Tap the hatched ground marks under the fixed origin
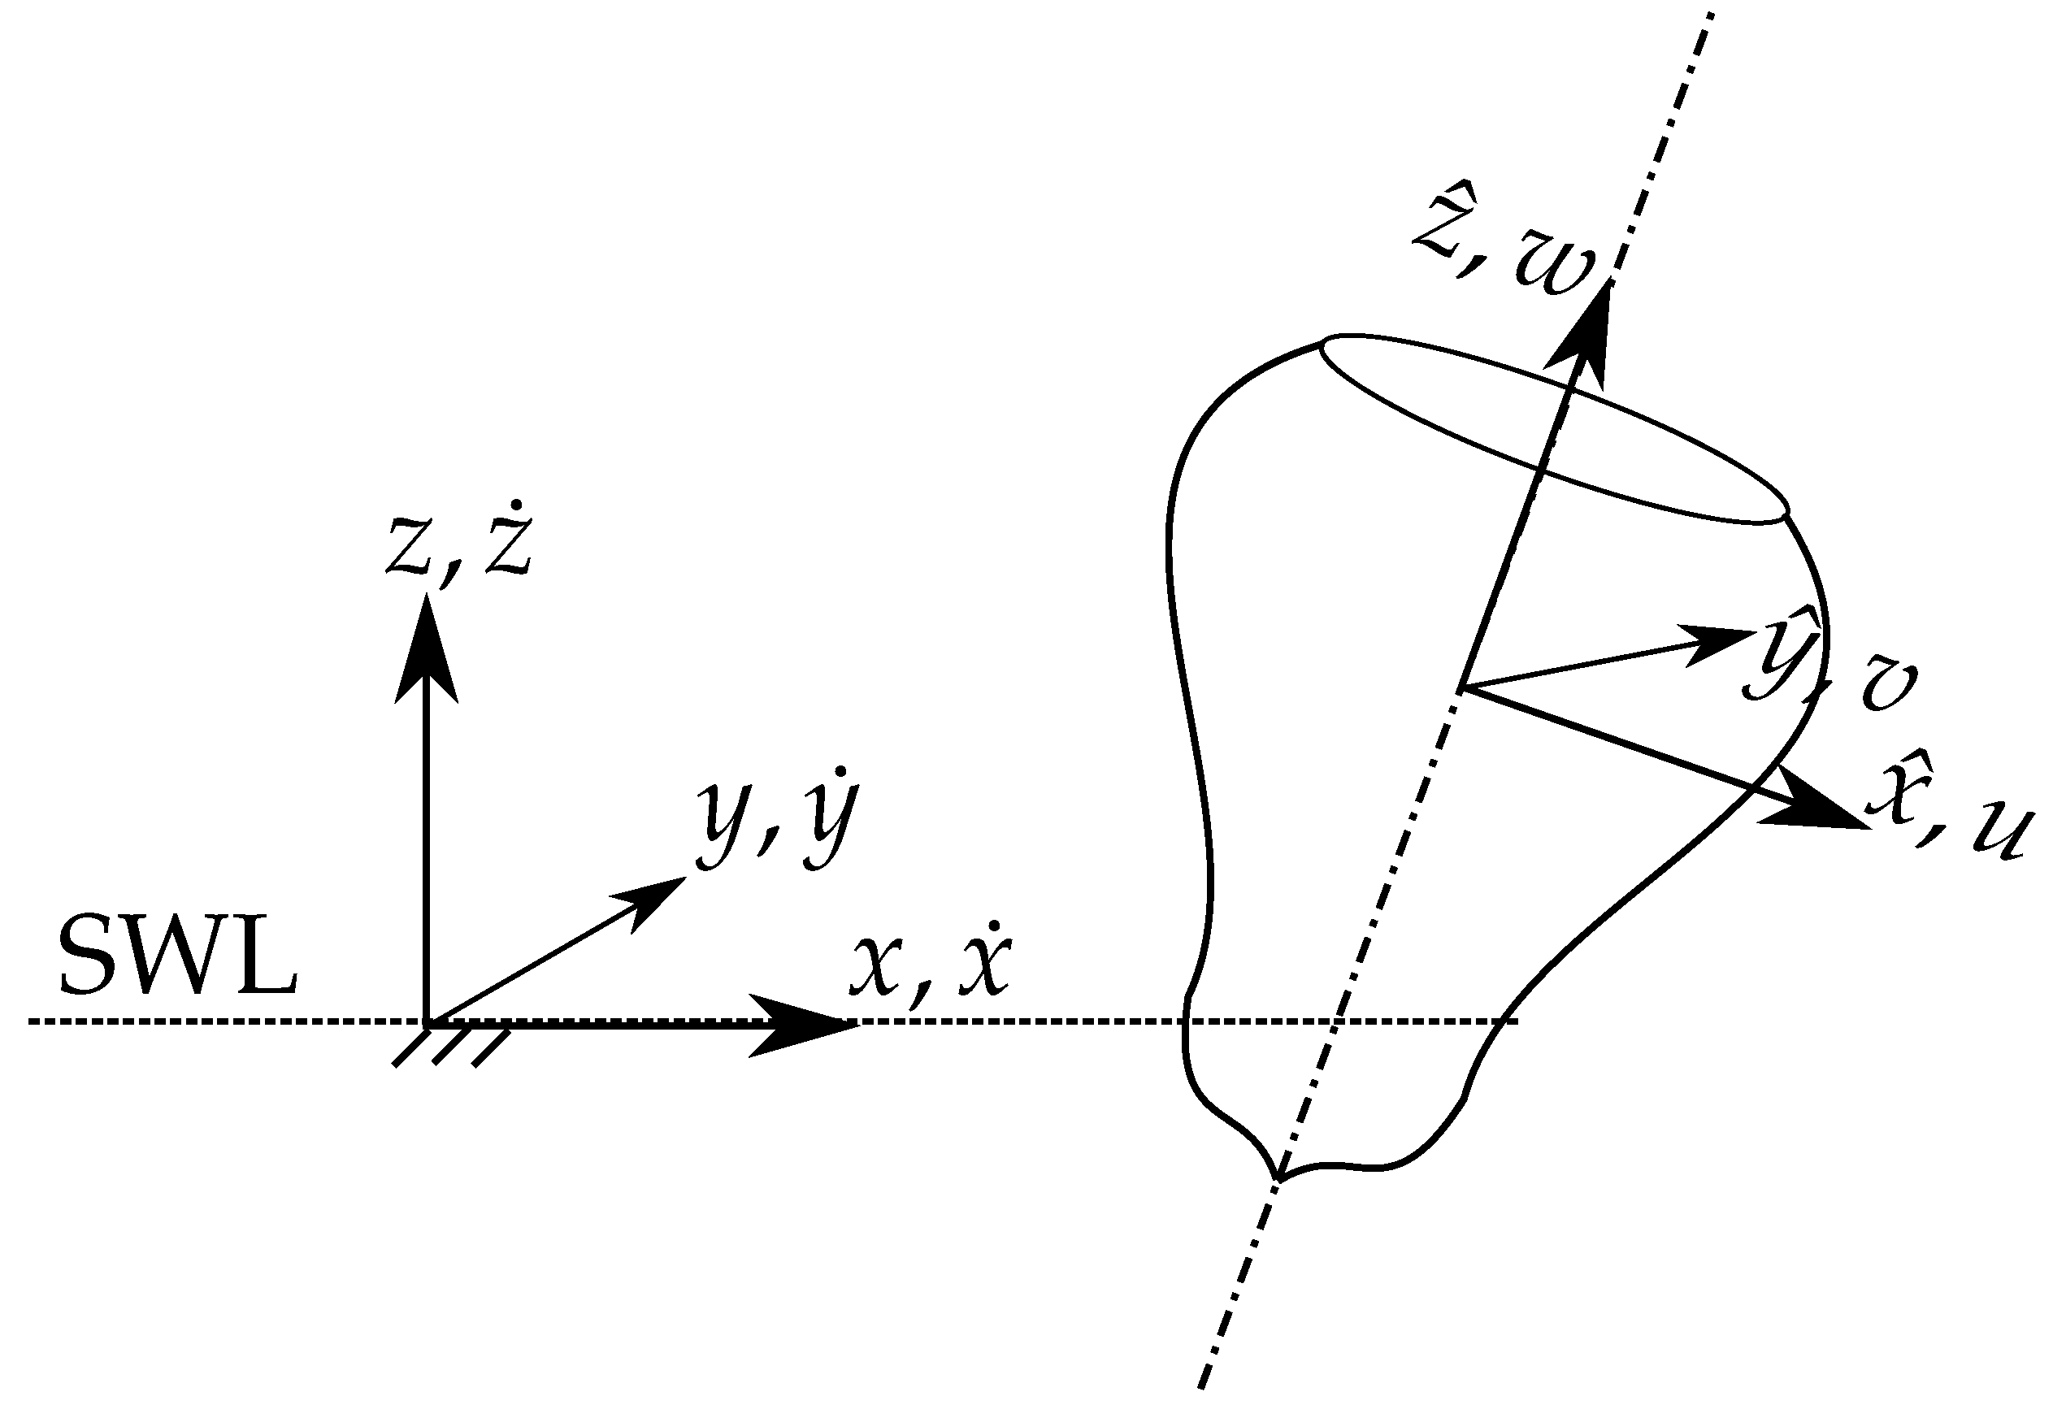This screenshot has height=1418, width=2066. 452,1048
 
